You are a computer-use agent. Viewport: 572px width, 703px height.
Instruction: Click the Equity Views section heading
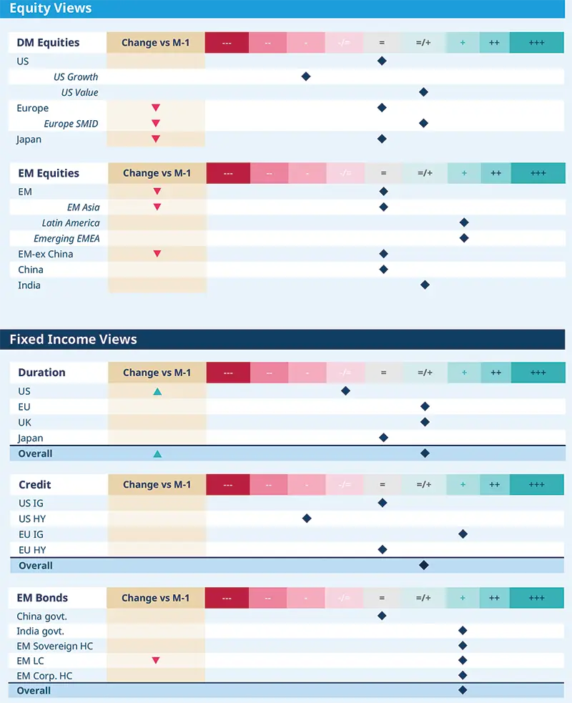50,9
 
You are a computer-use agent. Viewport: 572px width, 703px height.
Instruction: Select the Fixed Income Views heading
73,339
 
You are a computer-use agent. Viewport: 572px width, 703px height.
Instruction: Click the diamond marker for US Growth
306,77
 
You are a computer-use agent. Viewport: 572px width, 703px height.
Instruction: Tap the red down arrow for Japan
156,139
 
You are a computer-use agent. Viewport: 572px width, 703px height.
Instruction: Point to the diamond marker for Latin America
463,223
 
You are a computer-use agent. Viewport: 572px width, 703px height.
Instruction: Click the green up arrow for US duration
157,391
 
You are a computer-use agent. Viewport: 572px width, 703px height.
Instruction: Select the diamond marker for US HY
307,518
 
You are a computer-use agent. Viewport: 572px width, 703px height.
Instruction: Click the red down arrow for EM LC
156,661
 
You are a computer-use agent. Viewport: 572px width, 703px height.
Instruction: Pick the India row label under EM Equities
29,285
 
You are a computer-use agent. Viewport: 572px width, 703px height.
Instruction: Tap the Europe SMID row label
71,124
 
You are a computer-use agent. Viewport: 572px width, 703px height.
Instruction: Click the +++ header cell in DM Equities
536,43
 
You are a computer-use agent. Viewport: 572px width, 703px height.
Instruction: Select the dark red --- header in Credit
228,485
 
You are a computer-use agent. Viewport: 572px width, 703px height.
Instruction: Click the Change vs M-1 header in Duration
157,373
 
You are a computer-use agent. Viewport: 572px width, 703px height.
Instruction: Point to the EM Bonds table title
43,598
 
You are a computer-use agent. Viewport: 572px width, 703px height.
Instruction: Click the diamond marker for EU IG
463,534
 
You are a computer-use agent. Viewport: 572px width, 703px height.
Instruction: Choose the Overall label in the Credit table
36,566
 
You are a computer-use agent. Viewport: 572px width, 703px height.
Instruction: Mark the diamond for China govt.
382,616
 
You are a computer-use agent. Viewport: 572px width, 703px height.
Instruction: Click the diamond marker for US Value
423,92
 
